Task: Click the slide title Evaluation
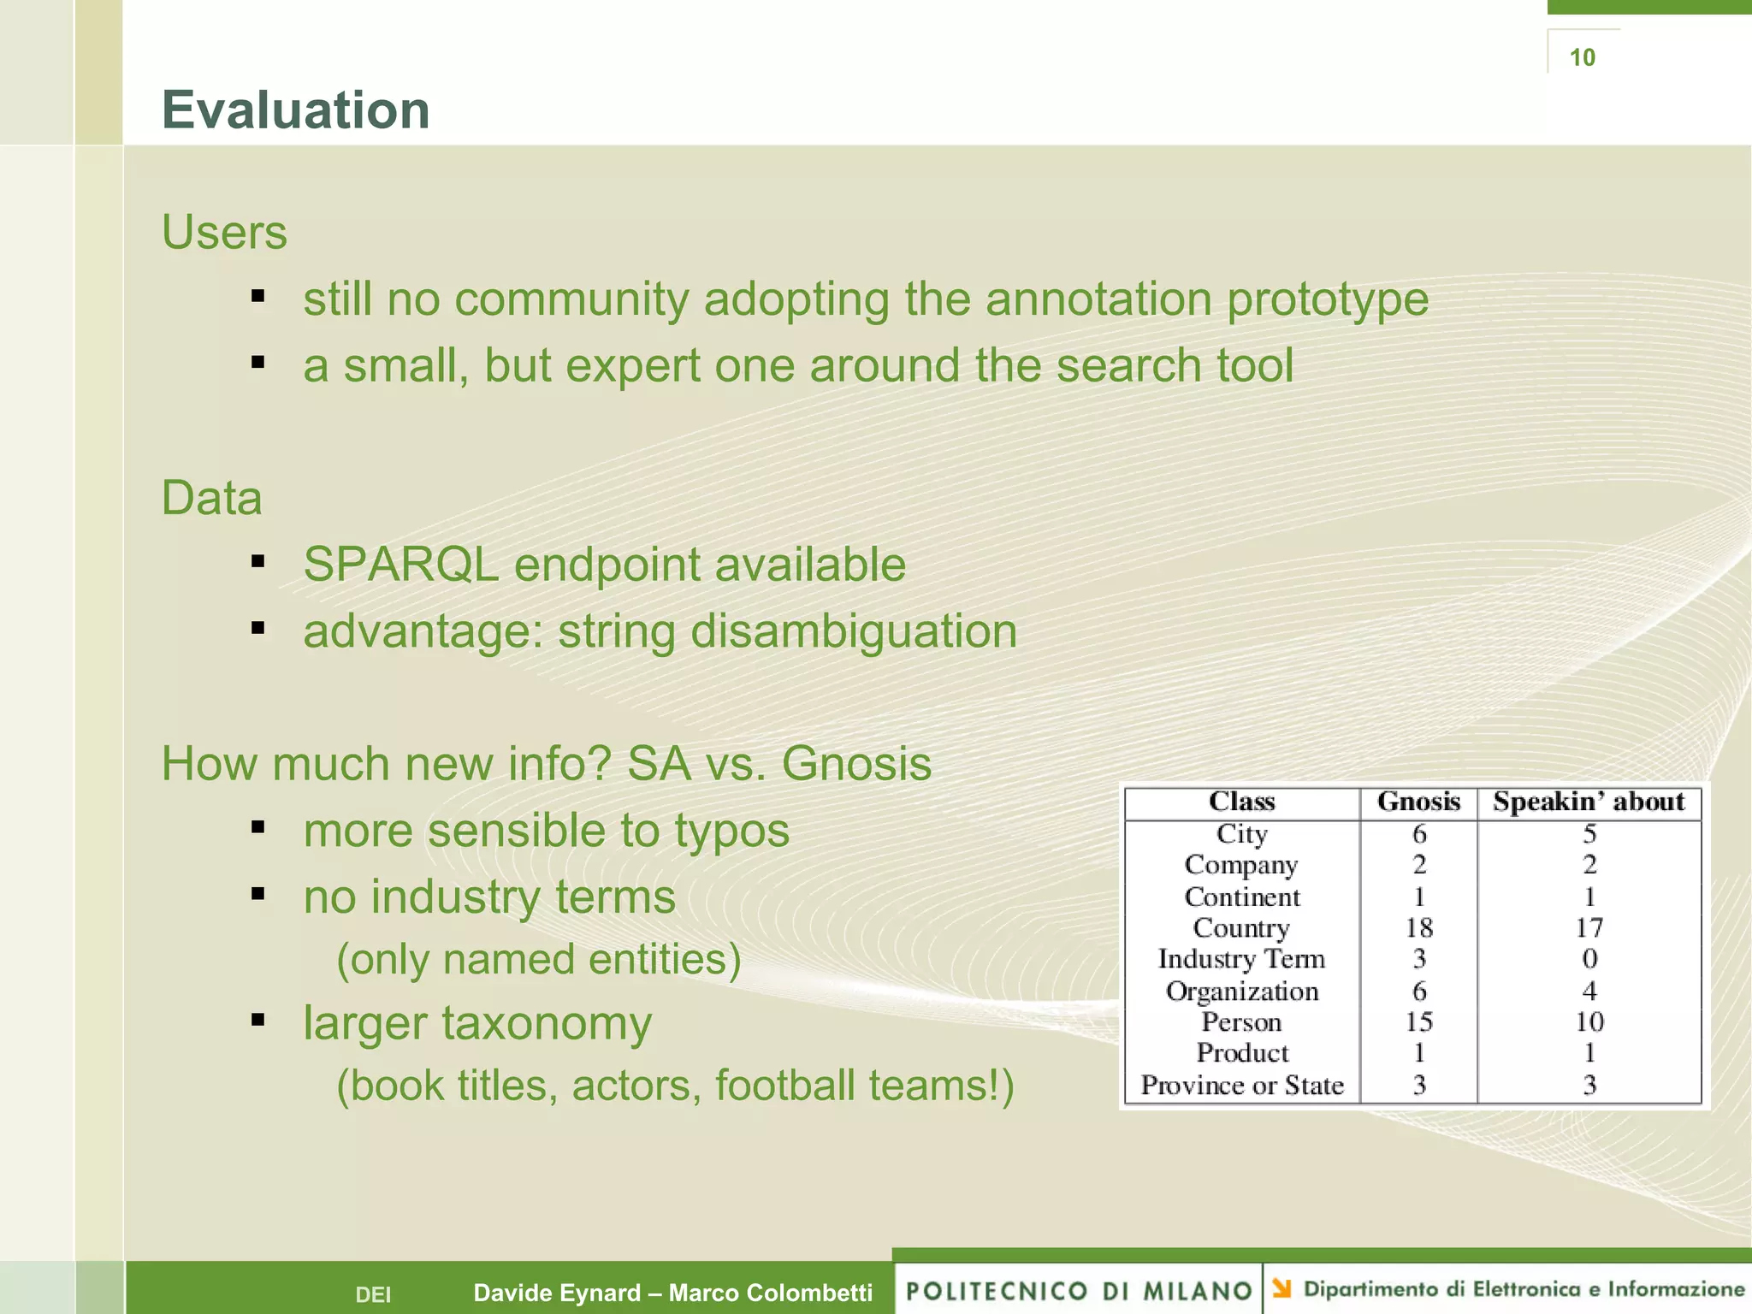click(295, 110)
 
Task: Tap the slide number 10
click(1582, 57)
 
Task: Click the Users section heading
click(224, 233)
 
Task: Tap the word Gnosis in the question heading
click(855, 763)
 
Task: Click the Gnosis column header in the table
click(1418, 802)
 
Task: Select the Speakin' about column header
click(1589, 802)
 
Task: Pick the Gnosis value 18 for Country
click(1418, 927)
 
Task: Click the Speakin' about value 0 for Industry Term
click(1589, 959)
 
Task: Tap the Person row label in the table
click(1241, 1021)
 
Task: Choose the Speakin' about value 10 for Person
click(1589, 1021)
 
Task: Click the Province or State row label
click(1241, 1085)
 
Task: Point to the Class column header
click(1241, 802)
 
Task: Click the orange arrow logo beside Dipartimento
click(1281, 1287)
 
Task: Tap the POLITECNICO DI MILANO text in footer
click(1079, 1290)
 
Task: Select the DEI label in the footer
click(373, 1294)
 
